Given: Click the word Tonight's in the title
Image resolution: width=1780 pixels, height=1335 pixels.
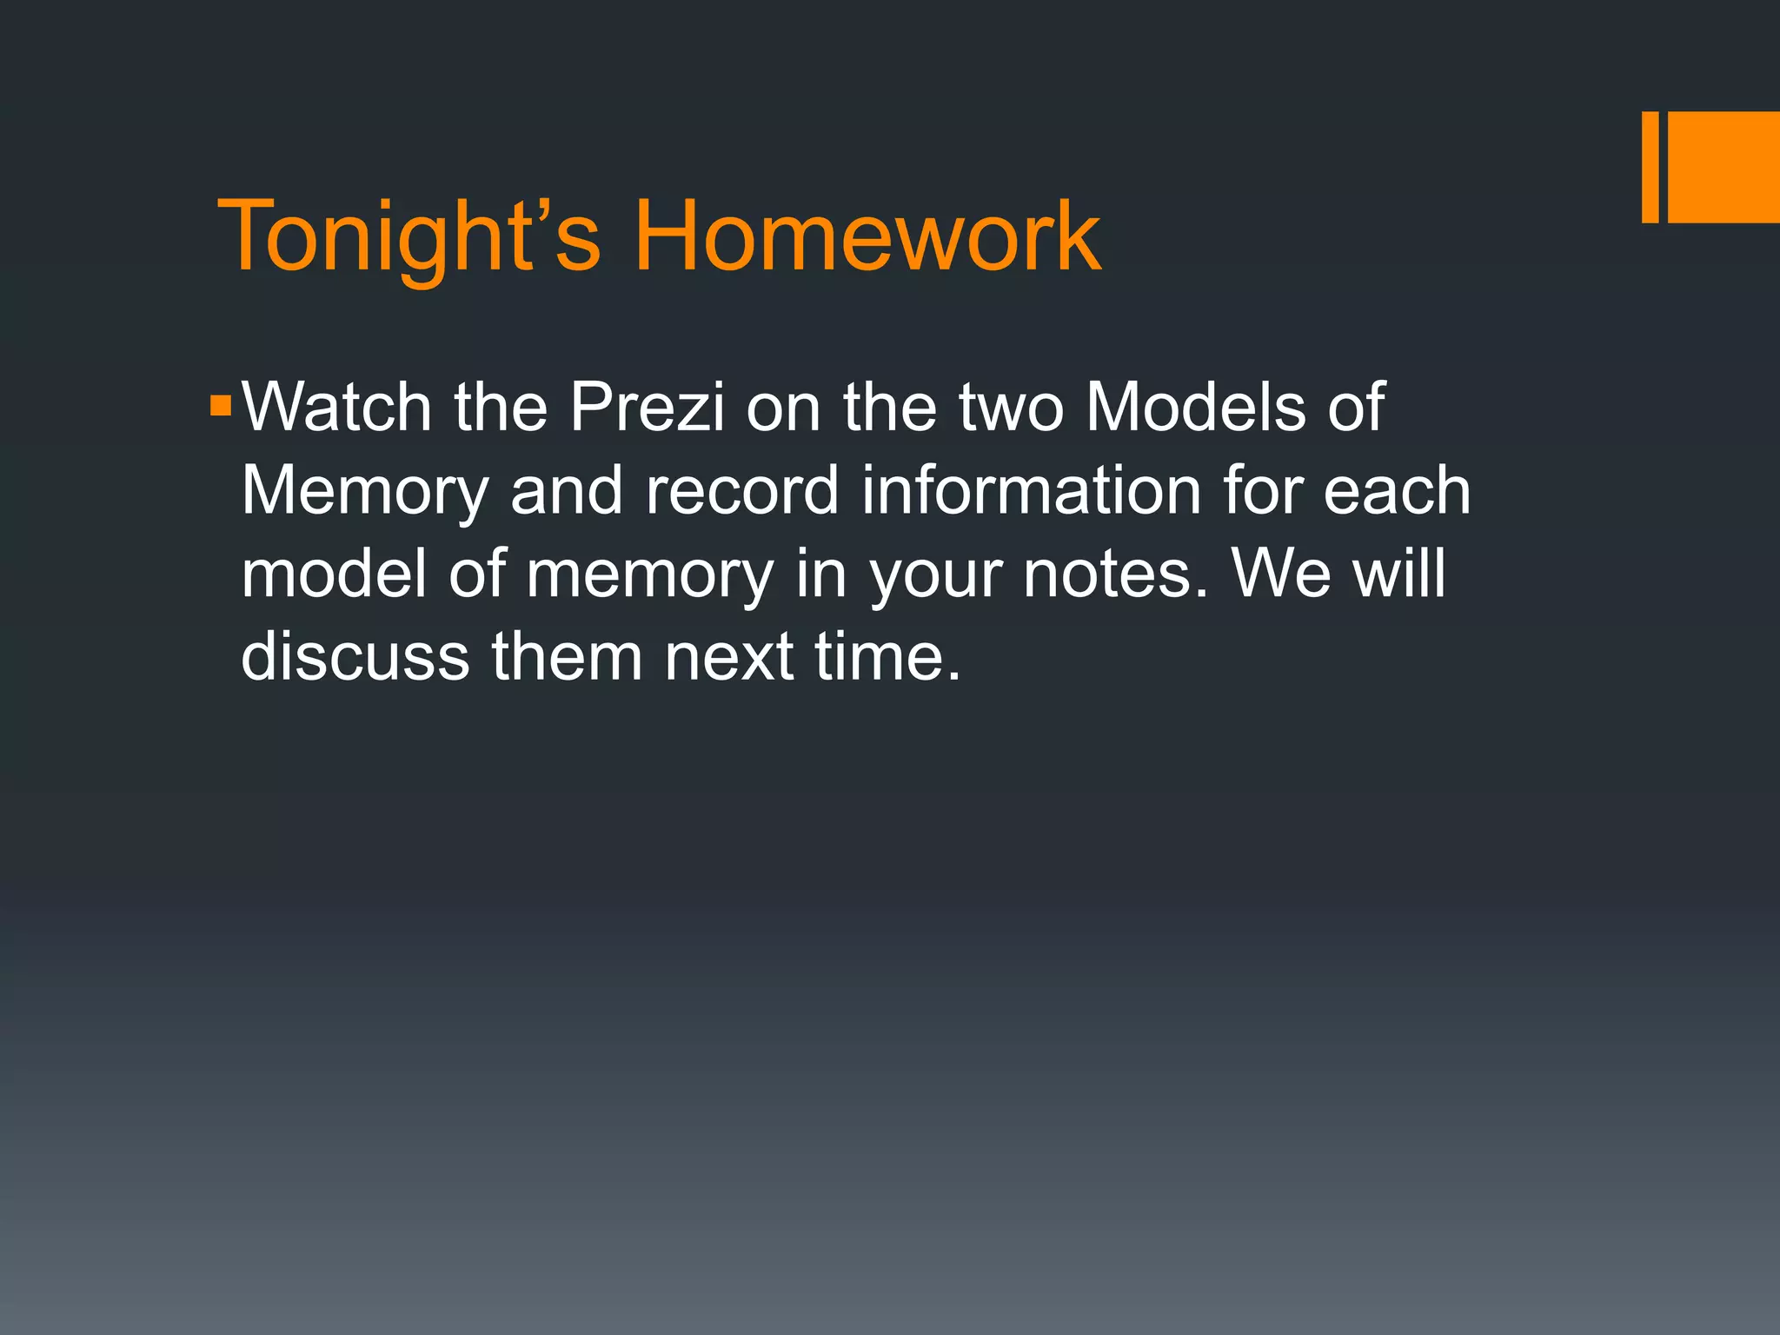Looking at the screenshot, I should click(408, 236).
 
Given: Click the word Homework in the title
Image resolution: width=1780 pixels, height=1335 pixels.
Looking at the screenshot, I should click(867, 236).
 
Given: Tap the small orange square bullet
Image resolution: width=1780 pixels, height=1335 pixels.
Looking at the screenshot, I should click(221, 406).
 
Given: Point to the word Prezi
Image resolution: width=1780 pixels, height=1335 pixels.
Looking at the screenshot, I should click(647, 407).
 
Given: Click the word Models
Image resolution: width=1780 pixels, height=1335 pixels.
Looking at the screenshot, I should click(1195, 407).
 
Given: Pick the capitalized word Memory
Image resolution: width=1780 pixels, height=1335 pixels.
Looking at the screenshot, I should click(365, 491).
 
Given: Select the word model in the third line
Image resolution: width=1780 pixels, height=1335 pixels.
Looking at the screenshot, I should click(335, 574).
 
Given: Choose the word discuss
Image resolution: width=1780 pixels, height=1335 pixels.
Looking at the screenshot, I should click(355, 656).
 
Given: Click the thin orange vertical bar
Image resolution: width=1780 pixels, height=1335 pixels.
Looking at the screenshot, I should click(1650, 167).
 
